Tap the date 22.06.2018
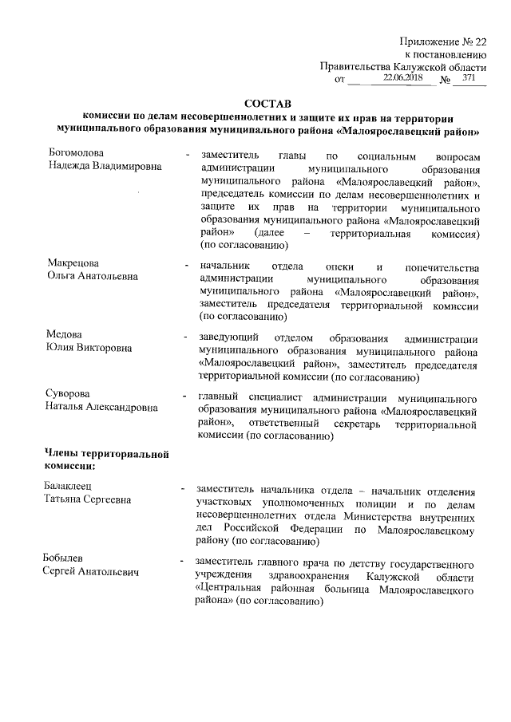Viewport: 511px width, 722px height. point(402,78)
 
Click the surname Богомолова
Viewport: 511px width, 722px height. point(76,153)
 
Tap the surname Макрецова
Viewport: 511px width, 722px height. point(72,264)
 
